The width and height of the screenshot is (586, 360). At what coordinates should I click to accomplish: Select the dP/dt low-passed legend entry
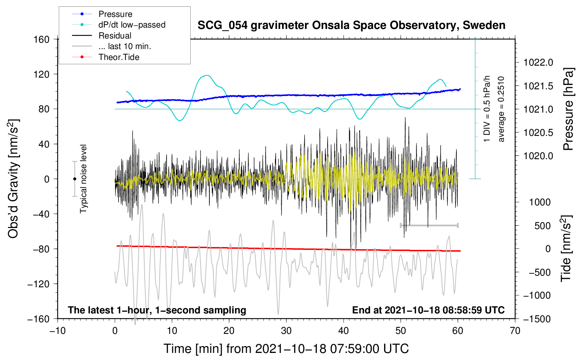pos(132,25)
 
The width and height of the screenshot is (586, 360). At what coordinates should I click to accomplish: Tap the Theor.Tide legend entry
pos(119,57)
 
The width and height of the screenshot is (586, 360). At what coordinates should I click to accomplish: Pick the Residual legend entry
pos(115,36)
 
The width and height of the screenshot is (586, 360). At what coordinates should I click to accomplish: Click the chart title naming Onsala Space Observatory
pos(351,25)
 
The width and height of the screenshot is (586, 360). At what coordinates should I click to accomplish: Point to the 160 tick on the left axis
pos(42,39)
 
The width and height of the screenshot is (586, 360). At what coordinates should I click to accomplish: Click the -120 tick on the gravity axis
pos(38,284)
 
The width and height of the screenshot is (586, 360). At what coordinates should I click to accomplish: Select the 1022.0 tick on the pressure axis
pos(538,62)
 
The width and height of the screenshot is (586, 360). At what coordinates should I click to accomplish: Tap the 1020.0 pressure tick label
pos(538,156)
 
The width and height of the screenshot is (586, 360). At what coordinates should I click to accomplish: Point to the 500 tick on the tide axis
pos(542,226)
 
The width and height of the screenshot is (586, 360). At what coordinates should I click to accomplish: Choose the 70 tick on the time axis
pos(515,331)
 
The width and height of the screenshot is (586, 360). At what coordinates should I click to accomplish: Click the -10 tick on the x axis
pos(58,331)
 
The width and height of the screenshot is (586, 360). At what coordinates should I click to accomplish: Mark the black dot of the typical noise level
pos(74,179)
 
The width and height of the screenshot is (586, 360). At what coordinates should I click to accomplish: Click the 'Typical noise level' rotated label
pos(83,179)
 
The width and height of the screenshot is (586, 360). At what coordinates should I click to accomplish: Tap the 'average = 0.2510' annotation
pos(501,109)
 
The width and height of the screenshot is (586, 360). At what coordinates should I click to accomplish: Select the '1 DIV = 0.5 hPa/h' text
pos(487,109)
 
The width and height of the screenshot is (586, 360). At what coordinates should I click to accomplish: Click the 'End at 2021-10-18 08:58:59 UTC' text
pos(428,310)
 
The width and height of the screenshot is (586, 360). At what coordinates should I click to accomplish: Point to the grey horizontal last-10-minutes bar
pos(429,225)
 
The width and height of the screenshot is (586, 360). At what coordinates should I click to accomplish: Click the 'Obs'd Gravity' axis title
pos(13,179)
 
